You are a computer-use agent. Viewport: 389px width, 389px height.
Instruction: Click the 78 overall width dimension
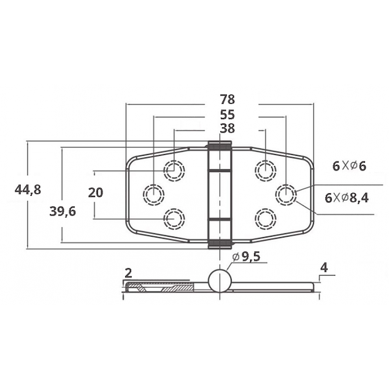pos(227,100)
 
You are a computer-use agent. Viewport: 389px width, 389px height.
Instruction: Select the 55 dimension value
pos(227,114)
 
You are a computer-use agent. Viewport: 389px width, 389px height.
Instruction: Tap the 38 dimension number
pos(227,128)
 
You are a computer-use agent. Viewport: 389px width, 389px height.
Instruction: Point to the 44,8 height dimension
pos(27,189)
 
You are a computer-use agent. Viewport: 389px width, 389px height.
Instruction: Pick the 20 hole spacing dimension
pos(95,193)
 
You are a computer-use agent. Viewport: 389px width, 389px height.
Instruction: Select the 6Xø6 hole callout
pos(349,166)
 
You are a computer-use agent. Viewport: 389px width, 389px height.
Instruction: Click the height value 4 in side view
pos(324,266)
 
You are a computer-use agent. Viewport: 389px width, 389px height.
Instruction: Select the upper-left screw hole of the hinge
pos(174,171)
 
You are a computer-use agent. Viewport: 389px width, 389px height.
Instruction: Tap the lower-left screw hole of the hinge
pos(174,219)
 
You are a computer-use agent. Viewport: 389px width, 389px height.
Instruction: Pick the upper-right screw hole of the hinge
pos(264,170)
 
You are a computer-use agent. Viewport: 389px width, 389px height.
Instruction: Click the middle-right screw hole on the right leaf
pos(286,194)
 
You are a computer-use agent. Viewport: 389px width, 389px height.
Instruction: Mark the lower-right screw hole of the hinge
pos(265,218)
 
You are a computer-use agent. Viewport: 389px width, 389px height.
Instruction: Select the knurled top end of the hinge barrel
pos(220,145)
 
